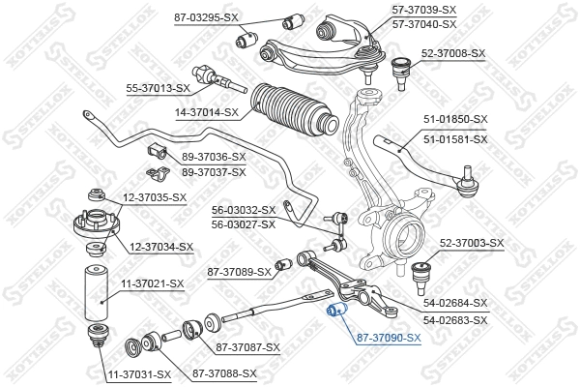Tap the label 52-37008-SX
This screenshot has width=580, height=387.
[451, 53]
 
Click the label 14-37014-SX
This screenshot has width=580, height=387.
[206, 112]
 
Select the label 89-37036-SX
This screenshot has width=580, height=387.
[214, 157]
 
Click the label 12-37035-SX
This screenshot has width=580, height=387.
[154, 198]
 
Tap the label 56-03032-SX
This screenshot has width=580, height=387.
[244, 209]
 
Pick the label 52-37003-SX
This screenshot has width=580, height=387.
[472, 243]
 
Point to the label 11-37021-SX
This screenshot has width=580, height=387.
[151, 283]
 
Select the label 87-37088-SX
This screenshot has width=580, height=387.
[224, 373]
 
